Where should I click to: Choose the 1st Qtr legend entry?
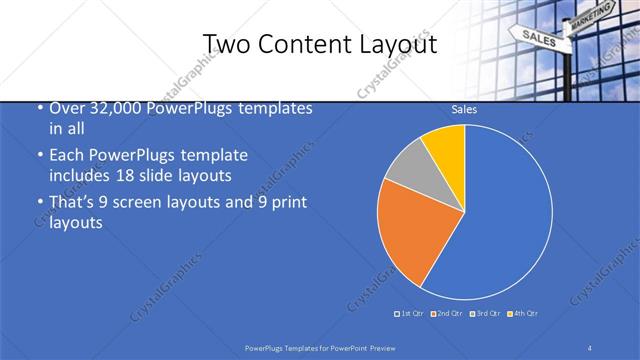pyautogui.click(x=410, y=315)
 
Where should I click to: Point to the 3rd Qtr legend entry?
pyautogui.click(x=485, y=315)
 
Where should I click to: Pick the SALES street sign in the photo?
pyautogui.click(x=538, y=38)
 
